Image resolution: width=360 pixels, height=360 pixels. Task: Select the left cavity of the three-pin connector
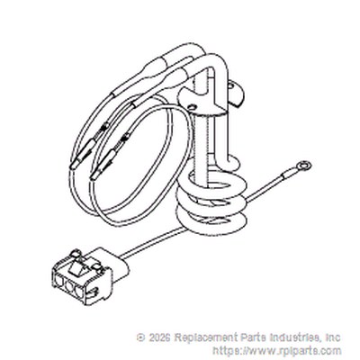click(59, 282)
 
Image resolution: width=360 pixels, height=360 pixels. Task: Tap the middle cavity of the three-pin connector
click(69, 286)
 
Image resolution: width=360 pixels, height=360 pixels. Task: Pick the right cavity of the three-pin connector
click(79, 291)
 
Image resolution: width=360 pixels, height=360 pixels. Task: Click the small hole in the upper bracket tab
click(230, 86)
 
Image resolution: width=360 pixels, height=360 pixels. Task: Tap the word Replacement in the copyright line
click(206, 337)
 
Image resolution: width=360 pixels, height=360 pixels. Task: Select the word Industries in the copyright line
click(293, 337)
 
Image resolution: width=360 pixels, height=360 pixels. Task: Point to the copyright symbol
click(140, 337)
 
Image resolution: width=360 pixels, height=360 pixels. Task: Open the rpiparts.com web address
click(277, 351)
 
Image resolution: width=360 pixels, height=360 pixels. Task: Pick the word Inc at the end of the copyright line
click(333, 337)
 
